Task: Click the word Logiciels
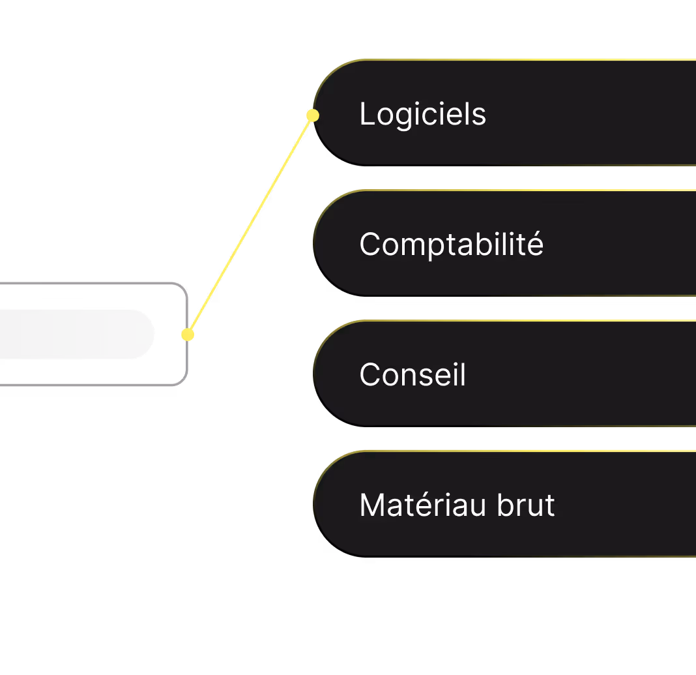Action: tap(422, 115)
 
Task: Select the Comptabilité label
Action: tap(451, 245)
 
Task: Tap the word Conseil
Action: tap(413, 375)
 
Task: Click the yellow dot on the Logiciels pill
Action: tap(313, 115)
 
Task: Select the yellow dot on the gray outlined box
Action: tap(188, 335)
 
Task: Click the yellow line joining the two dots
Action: tap(250, 225)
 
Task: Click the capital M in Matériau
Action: tap(371, 505)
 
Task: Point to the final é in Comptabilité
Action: tap(536, 245)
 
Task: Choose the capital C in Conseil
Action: tap(370, 375)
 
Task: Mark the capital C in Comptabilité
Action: tap(370, 245)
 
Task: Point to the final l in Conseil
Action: tap(463, 375)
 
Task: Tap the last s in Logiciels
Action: tap(480, 116)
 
